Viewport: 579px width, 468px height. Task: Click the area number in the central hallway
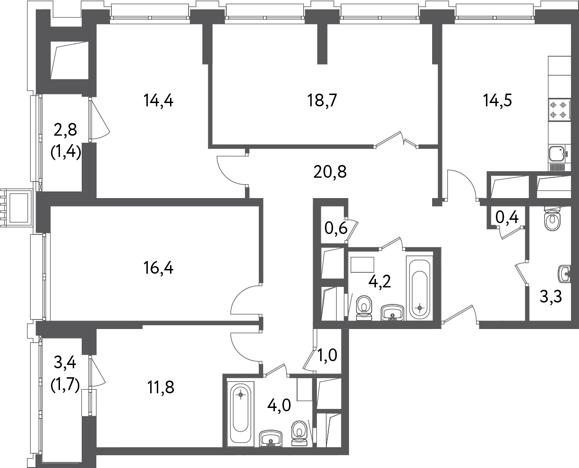point(331,171)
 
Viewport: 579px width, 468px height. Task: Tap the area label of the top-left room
point(159,100)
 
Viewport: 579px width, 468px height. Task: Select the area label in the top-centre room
point(323,100)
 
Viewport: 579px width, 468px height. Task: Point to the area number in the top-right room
point(497,100)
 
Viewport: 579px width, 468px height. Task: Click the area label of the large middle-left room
point(159,269)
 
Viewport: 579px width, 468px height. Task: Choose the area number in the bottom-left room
point(162,386)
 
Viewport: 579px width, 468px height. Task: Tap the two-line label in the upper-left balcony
point(66,141)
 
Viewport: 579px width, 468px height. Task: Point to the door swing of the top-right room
point(465,182)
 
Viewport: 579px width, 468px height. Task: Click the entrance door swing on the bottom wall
point(460,315)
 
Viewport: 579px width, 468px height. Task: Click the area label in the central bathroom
point(380,281)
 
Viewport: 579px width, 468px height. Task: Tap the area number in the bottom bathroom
point(279,405)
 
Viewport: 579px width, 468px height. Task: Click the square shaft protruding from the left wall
point(13,208)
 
